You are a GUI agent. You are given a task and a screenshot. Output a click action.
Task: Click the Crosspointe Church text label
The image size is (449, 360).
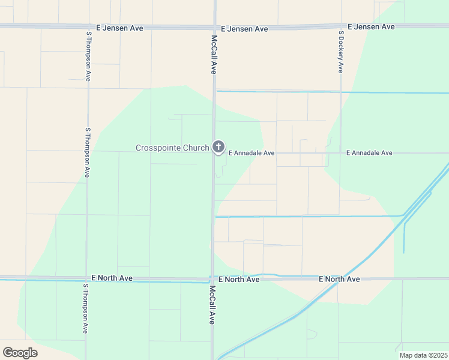[x=172, y=148]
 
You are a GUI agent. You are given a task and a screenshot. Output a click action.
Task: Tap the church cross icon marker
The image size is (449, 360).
[x=218, y=146]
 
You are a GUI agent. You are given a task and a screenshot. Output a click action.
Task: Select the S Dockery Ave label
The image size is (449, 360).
[x=341, y=52]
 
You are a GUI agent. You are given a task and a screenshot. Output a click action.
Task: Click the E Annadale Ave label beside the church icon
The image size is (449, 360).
[x=251, y=154]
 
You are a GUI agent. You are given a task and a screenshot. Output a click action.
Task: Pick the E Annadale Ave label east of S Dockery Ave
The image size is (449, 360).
[x=369, y=153]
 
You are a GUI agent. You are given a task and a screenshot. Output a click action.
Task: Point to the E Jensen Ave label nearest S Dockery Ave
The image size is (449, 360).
[x=372, y=27]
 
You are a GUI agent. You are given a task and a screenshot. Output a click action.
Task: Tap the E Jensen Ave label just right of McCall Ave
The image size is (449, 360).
[x=244, y=29]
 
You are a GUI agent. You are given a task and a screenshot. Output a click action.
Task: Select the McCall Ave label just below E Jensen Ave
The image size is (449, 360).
[x=214, y=54]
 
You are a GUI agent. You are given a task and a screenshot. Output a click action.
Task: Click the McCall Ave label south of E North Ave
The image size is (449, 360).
[x=212, y=305]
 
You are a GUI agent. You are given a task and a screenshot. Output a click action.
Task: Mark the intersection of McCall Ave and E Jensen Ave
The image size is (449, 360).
[x=214, y=26]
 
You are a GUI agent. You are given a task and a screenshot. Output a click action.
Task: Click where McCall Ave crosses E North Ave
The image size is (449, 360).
[x=212, y=279]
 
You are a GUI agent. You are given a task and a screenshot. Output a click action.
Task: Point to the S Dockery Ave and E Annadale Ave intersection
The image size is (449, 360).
[x=340, y=153]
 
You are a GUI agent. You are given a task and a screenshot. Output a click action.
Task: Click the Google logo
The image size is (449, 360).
[x=20, y=353]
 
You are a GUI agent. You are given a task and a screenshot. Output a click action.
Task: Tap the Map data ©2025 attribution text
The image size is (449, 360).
[x=423, y=355]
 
